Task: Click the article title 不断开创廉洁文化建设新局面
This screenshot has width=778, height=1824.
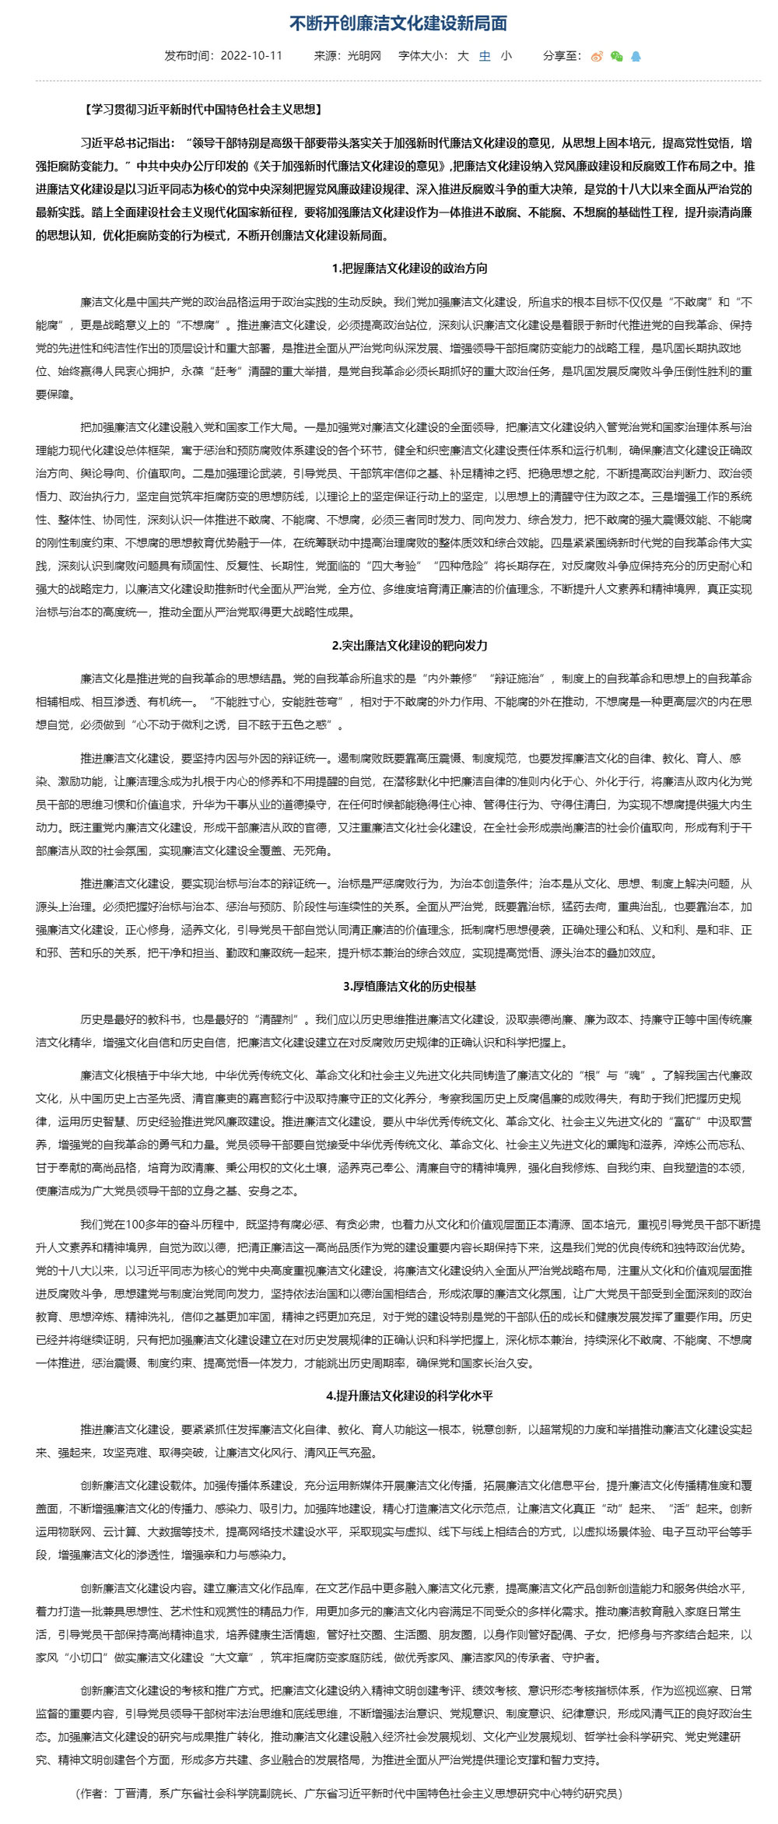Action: point(398,23)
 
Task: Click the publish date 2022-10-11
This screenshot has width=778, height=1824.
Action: point(251,56)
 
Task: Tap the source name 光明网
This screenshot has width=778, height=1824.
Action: point(364,56)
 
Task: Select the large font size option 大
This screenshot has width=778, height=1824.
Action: point(463,56)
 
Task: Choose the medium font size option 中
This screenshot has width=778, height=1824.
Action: point(485,56)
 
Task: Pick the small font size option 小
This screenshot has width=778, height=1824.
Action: point(506,56)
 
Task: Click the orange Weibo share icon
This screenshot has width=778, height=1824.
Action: point(598,56)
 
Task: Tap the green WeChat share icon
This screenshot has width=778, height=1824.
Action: point(617,56)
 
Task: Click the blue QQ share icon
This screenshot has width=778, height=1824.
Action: point(636,56)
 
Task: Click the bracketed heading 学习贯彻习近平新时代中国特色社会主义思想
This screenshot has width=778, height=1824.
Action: point(202,110)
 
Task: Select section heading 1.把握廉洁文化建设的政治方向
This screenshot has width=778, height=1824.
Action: point(409,268)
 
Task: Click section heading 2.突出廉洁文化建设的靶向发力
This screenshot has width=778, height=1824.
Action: point(409,645)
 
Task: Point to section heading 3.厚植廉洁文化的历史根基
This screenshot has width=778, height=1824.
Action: point(409,986)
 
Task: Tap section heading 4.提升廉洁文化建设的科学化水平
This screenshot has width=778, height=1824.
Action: point(409,1395)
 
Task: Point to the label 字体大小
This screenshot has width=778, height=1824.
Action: point(422,56)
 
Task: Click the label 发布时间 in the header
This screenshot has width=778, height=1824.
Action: point(187,56)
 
